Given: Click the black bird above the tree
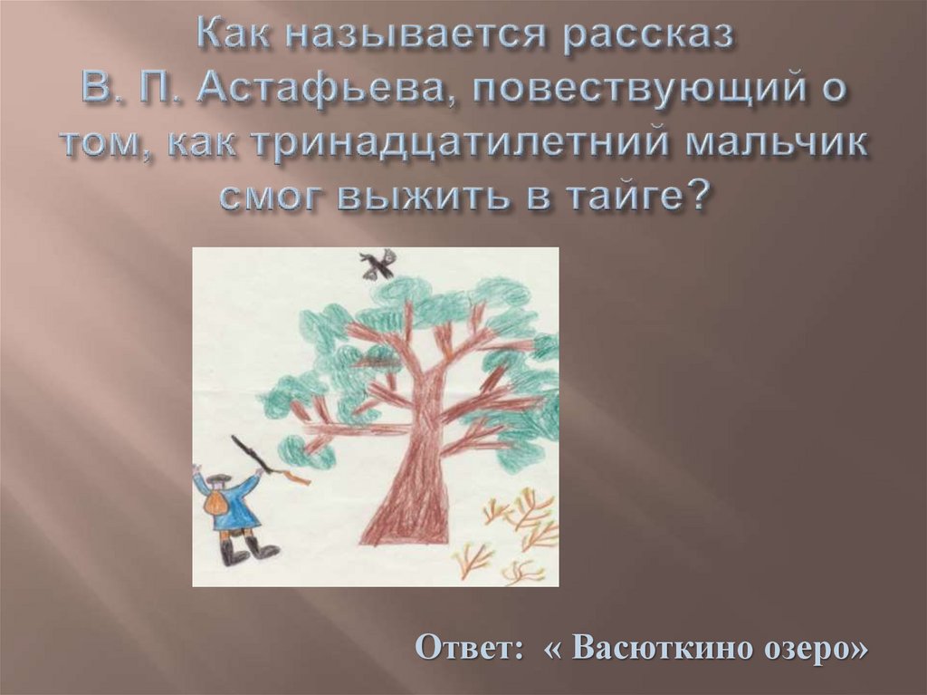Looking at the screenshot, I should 377,265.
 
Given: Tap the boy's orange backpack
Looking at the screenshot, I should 217,507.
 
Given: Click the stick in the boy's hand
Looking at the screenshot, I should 253,454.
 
